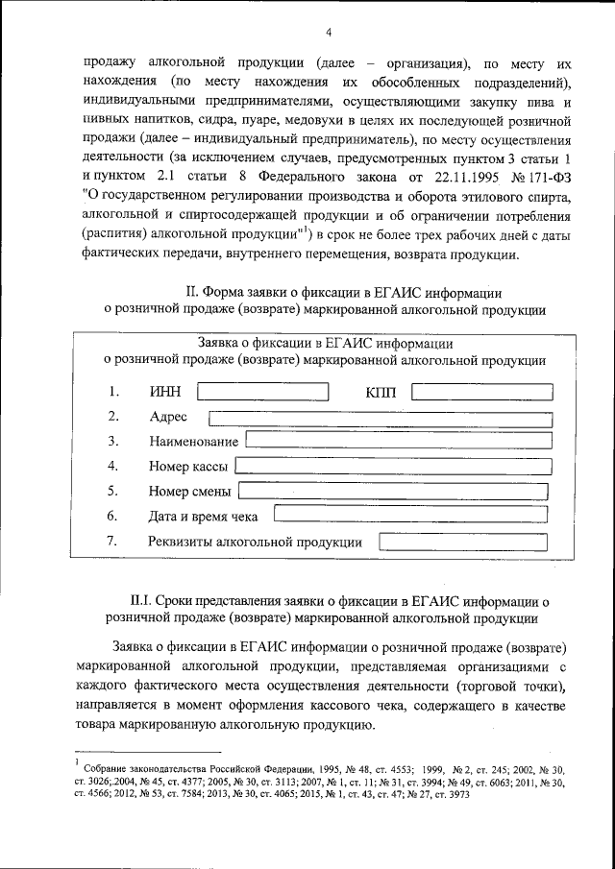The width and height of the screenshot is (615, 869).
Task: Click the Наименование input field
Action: pos(399,441)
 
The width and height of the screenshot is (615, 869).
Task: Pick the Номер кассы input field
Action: pos(394,466)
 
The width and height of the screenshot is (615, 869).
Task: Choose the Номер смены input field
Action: pos(394,491)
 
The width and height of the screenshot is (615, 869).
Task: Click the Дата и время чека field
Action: pos(407,516)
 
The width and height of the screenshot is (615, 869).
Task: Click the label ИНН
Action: pos(165,392)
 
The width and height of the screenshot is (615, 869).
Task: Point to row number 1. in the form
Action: pos(113,392)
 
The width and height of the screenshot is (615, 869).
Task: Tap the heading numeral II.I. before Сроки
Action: pos(157,600)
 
